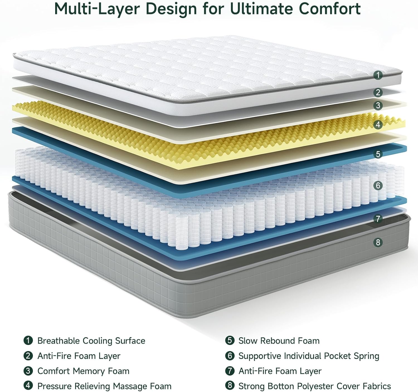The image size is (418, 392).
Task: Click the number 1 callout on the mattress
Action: (378, 75)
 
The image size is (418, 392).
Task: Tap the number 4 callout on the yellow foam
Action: (378, 124)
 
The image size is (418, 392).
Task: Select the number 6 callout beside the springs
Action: (378, 185)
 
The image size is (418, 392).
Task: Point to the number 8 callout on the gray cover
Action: (378, 242)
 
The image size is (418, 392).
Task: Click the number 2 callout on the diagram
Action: (378, 92)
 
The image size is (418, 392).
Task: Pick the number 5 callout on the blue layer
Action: (378, 154)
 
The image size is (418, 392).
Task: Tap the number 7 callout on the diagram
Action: (378, 219)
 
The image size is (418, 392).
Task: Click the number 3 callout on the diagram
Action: (378, 105)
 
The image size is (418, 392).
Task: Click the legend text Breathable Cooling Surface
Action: (91, 341)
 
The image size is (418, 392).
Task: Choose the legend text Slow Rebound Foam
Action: (279, 341)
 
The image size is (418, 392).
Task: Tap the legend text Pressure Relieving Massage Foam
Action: (104, 386)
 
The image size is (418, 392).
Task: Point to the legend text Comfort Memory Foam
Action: (83, 371)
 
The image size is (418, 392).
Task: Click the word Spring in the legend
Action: (366, 356)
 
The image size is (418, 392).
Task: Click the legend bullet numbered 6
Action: (230, 356)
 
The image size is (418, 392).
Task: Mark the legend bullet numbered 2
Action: (28, 356)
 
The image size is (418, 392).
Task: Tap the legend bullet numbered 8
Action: (230, 386)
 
